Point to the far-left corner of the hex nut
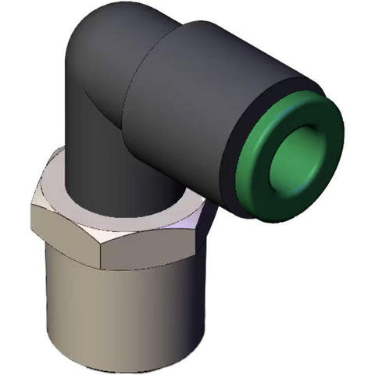click(33, 215)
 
